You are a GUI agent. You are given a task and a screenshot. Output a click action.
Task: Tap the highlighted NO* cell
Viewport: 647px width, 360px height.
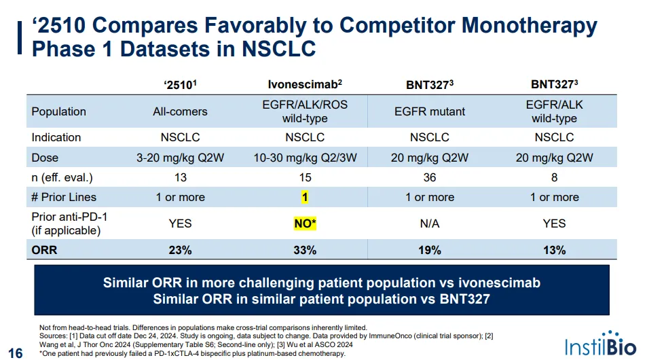point(305,223)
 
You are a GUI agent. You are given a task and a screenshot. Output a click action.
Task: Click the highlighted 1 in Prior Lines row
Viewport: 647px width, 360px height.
point(305,197)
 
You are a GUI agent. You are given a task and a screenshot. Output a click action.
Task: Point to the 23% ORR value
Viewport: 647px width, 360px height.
point(180,250)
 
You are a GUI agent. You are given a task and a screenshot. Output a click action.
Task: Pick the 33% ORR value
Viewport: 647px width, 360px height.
point(305,250)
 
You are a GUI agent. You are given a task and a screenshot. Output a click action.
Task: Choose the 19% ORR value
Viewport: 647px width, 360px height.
point(429,250)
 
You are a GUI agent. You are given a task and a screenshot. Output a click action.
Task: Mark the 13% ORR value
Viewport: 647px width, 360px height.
point(554,250)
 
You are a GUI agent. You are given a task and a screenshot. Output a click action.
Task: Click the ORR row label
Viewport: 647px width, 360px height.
point(44,250)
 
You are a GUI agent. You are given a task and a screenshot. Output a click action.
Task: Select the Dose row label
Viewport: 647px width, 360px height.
point(45,158)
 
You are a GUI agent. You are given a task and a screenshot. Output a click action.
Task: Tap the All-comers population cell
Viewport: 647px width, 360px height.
point(180,111)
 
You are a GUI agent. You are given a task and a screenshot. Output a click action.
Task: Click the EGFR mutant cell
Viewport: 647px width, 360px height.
point(429,111)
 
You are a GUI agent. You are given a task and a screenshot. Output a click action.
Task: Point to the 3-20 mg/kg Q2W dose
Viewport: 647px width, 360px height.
point(180,158)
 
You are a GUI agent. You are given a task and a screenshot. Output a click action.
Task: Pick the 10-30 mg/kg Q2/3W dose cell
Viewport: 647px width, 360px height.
point(305,158)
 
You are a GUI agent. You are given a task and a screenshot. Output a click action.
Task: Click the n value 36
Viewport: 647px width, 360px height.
point(429,177)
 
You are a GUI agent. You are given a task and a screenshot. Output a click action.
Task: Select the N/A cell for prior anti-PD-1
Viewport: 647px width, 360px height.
point(429,223)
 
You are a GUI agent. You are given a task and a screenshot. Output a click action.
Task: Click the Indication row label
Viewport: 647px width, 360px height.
point(56,137)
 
